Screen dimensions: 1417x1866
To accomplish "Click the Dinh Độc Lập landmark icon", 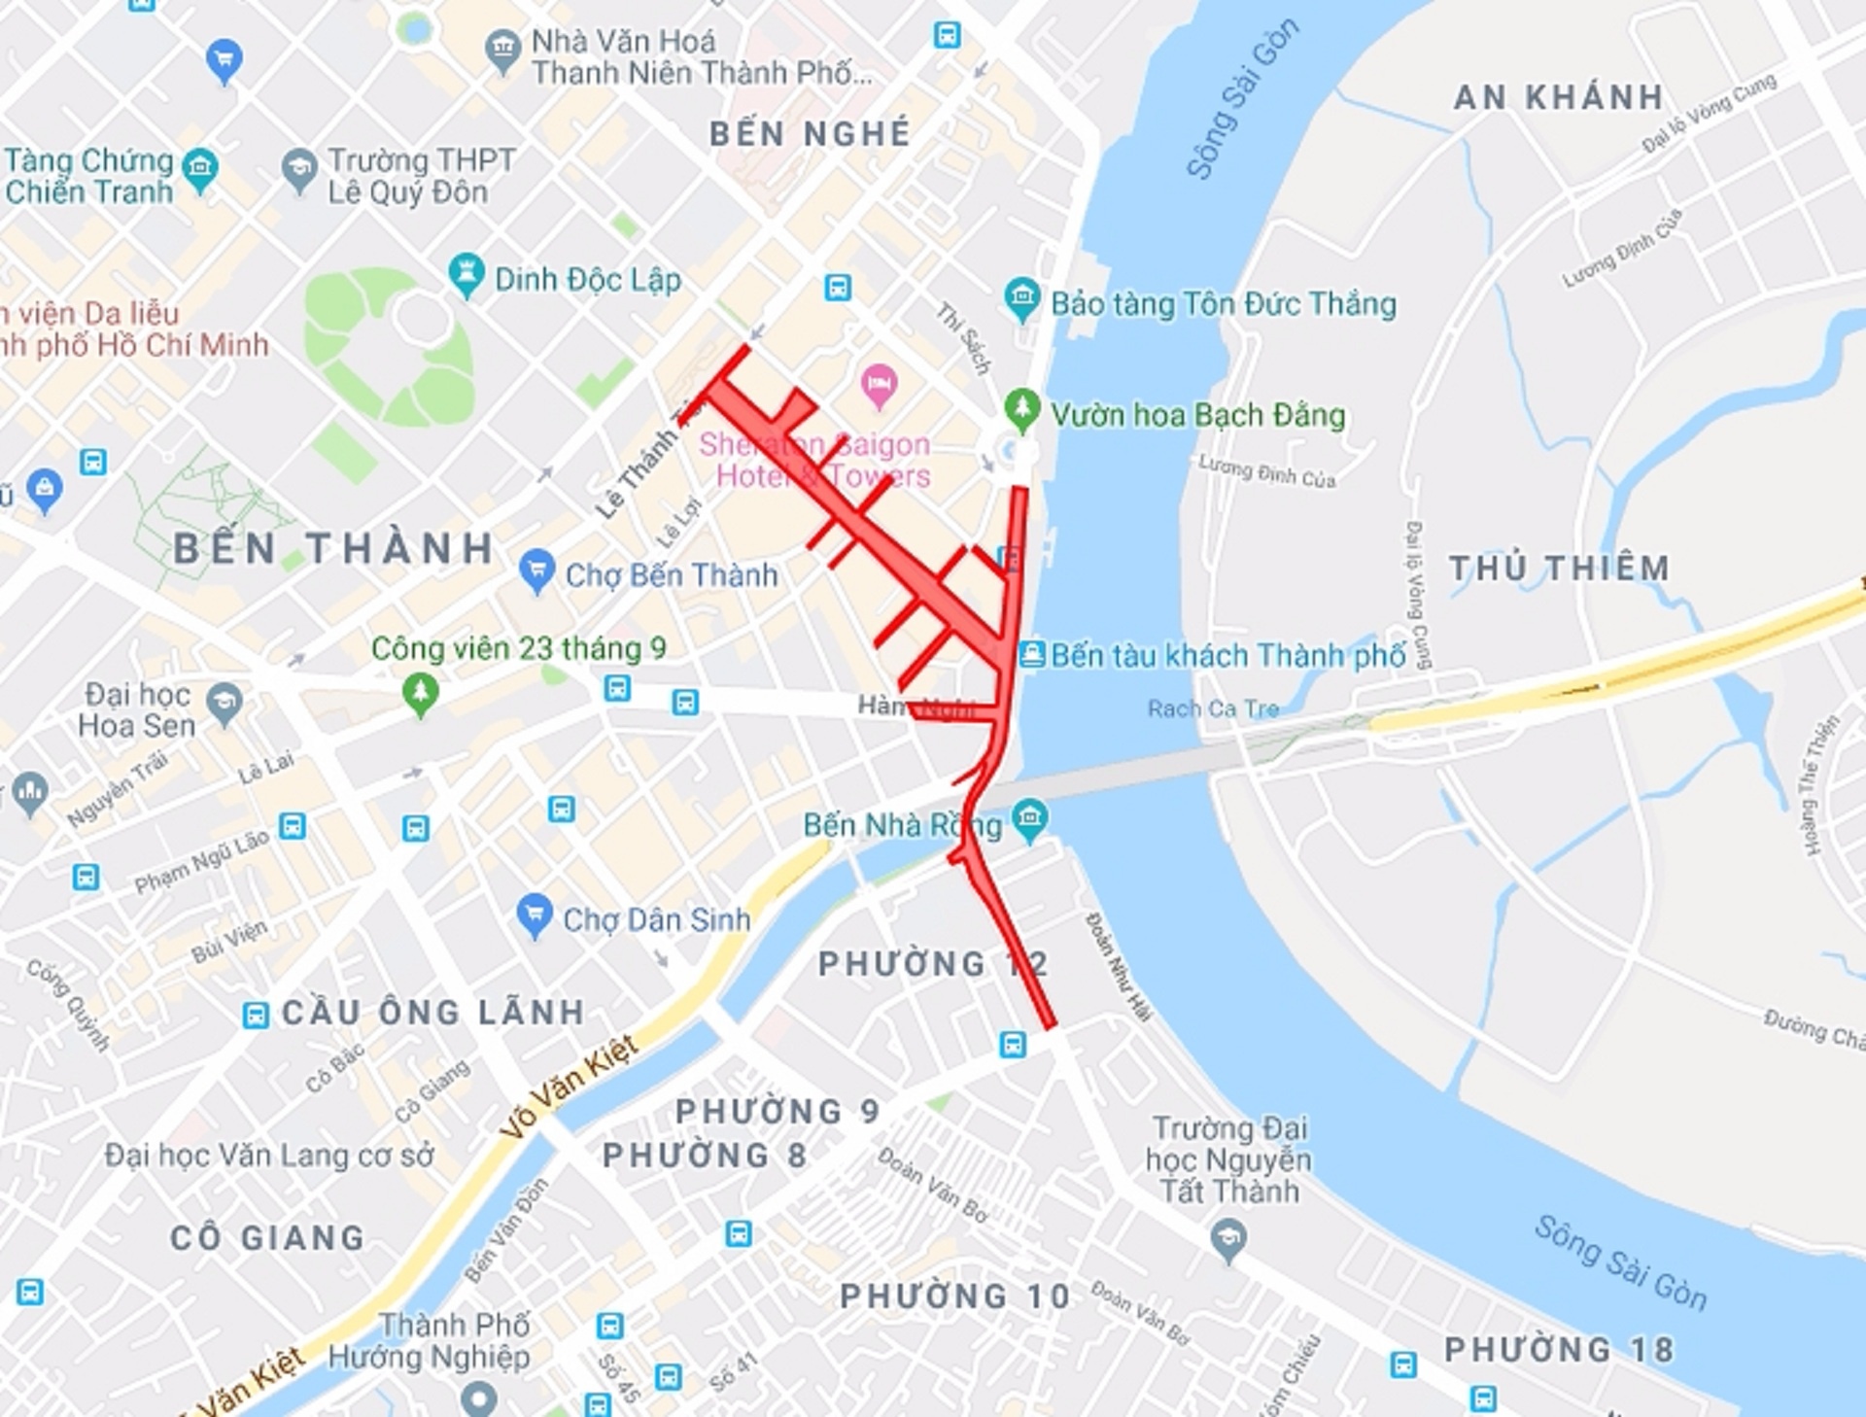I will tap(466, 274).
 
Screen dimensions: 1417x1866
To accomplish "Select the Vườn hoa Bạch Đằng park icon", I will tap(1021, 408).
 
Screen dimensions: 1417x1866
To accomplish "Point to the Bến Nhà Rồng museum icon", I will tap(1030, 818).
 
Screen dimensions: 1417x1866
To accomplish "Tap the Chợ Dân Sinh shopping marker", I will tap(534, 914).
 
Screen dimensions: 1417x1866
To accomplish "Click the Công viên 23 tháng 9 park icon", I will tap(421, 693).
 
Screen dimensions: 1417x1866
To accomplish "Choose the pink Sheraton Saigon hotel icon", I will tap(879, 384).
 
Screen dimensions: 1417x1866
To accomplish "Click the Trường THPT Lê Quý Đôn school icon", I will tap(299, 168).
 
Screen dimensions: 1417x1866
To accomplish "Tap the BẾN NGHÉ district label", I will tap(810, 133).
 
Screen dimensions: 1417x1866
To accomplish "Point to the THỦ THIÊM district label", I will tap(1559, 568).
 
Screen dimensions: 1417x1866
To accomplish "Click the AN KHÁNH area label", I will tap(1558, 97).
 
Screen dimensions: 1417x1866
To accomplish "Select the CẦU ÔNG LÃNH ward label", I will tap(432, 1012).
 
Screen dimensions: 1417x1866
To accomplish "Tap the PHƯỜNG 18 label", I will tap(1558, 1349).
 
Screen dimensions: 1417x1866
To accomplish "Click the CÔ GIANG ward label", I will tap(267, 1237).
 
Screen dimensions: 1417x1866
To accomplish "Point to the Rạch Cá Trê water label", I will tap(1213, 708).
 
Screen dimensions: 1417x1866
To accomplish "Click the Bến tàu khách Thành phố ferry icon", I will tap(1032, 653).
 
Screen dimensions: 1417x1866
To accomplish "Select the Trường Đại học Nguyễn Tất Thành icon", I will tap(1228, 1239).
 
